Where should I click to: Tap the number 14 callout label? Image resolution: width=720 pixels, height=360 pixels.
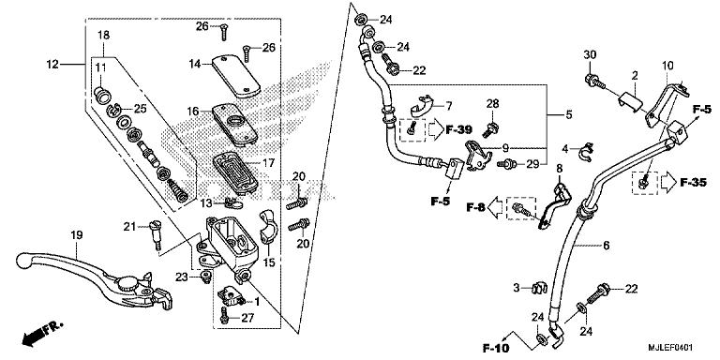point(194,64)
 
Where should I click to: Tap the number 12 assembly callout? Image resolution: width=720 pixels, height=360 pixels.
point(52,64)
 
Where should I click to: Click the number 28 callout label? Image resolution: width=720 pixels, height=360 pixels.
point(492,102)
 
